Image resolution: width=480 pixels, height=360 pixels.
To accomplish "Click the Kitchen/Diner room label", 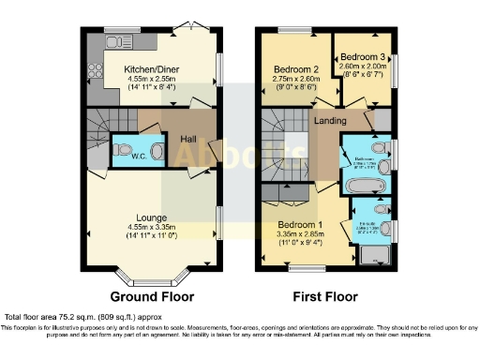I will click(x=156, y=68).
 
